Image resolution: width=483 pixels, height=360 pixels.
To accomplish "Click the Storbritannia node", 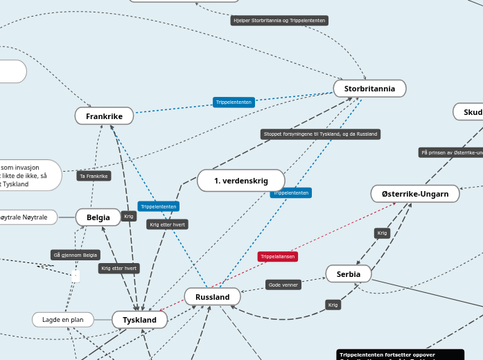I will [369, 89].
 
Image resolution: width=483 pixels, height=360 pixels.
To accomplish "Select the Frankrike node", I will [104, 116].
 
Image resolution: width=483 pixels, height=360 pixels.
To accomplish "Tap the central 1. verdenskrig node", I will [240, 181].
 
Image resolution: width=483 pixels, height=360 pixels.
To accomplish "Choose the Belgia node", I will [98, 217].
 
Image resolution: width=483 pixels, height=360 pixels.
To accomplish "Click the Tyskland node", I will [139, 320].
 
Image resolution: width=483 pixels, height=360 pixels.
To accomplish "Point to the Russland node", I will [212, 297].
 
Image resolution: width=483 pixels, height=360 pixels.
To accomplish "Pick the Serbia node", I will [348, 274].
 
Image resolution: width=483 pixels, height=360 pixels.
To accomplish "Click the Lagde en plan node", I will [62, 320].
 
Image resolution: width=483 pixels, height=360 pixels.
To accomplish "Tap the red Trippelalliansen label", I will [278, 257].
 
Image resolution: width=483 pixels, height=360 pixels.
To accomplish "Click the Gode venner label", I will [283, 285].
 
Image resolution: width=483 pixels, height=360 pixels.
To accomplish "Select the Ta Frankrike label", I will [94, 176].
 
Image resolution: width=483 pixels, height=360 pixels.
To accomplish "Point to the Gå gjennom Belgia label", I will [76, 255].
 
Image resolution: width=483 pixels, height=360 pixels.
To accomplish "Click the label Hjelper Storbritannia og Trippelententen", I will [279, 21].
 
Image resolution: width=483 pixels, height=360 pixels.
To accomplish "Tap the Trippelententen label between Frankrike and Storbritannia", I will [234, 102].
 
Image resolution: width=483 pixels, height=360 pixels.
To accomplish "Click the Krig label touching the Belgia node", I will [128, 216].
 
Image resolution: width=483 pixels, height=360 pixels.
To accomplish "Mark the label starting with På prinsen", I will [450, 152].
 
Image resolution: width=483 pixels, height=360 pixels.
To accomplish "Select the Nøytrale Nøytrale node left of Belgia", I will [28, 217].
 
